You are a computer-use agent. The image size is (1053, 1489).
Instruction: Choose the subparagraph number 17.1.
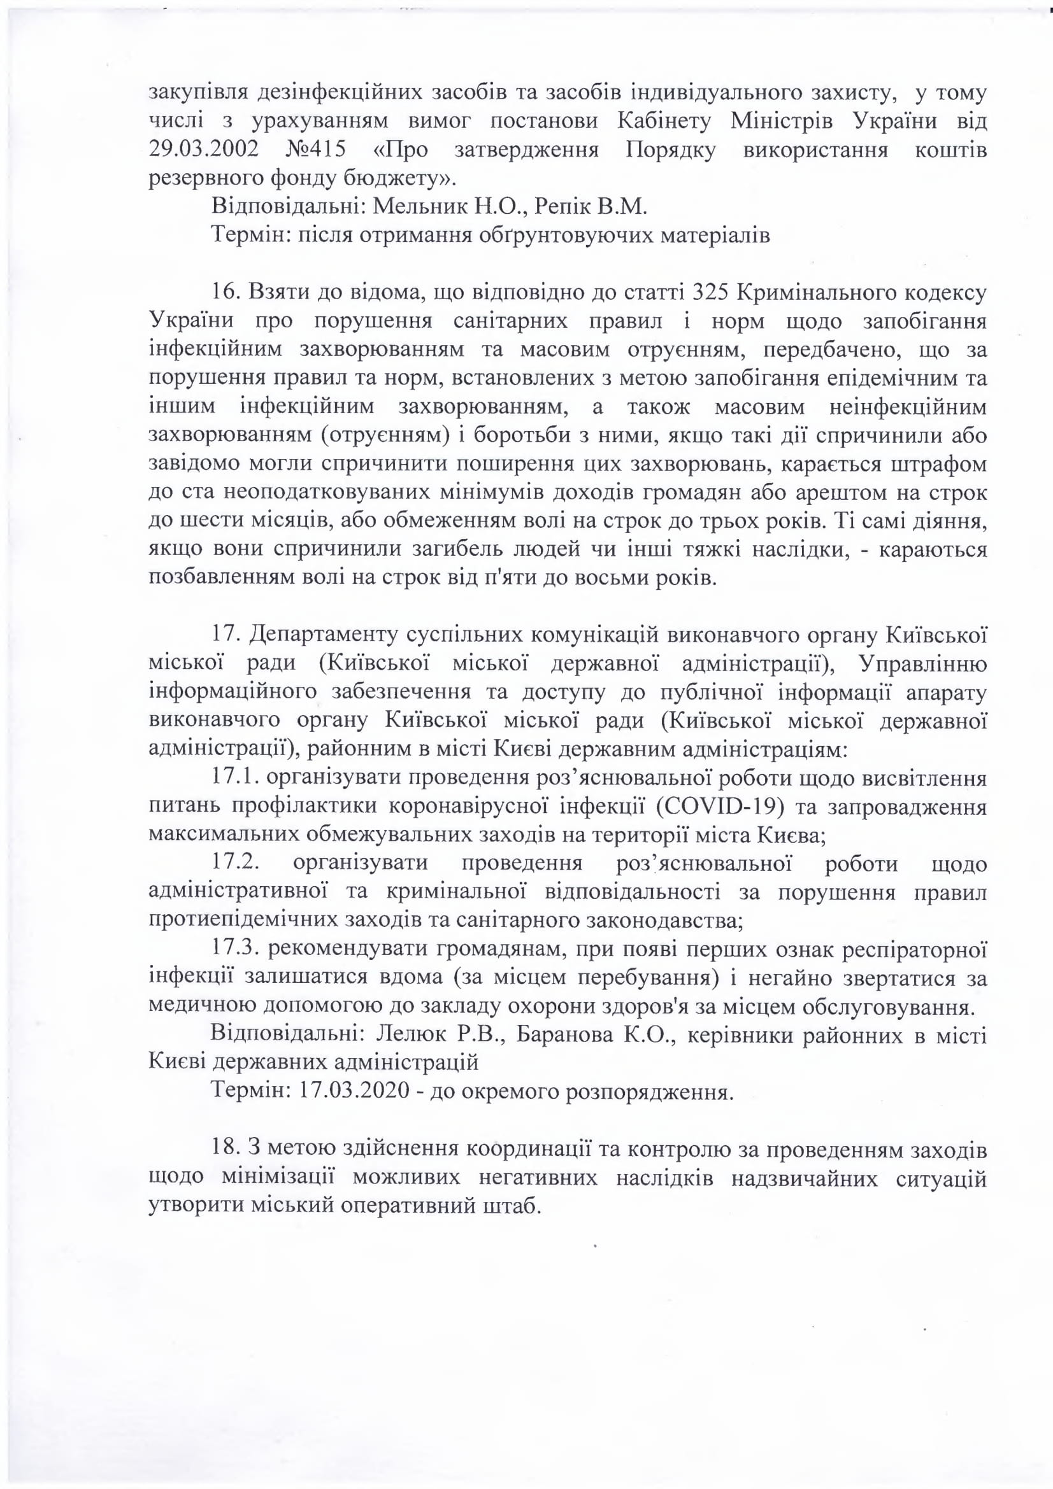tap(235, 777)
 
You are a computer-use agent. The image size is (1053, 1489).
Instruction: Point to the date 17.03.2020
tap(354, 1091)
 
